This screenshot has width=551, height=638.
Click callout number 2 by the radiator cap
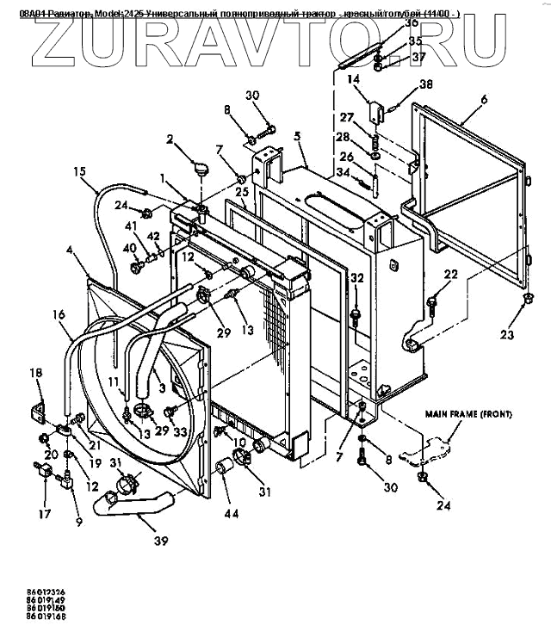pyautogui.click(x=170, y=139)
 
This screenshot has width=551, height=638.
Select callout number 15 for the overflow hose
pyautogui.click(x=79, y=170)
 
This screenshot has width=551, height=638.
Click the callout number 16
pyautogui.click(x=59, y=316)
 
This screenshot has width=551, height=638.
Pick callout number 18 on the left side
pyautogui.click(x=35, y=373)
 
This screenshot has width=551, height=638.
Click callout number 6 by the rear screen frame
pyautogui.click(x=484, y=100)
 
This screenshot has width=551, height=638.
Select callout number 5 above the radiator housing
pyautogui.click(x=296, y=136)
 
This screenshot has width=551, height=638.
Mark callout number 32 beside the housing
pyautogui.click(x=356, y=277)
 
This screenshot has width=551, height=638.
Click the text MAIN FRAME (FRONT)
pyautogui.click(x=469, y=414)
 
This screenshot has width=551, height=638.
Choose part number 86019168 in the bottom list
pyautogui.click(x=29, y=617)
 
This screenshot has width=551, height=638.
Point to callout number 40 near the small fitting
pyautogui.click(x=131, y=248)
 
